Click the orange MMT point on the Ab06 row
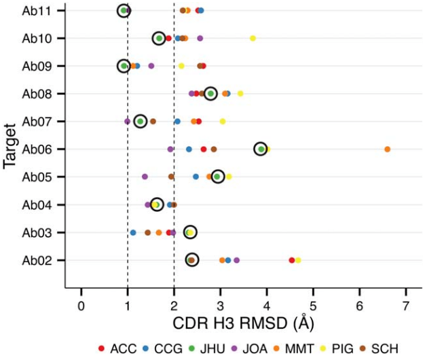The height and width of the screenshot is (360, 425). click(x=388, y=149)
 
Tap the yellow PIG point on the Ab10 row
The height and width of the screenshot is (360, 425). click(x=253, y=38)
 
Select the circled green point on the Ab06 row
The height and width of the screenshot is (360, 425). click(x=261, y=149)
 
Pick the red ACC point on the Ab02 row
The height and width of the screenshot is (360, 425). click(x=292, y=260)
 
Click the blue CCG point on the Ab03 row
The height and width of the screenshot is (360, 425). click(x=133, y=232)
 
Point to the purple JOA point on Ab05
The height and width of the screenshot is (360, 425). click(x=145, y=177)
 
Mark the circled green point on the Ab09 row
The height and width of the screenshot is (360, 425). click(x=124, y=66)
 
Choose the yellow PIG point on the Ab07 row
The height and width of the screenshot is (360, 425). click(x=222, y=122)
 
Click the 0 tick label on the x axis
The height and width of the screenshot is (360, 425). click(x=81, y=302)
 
